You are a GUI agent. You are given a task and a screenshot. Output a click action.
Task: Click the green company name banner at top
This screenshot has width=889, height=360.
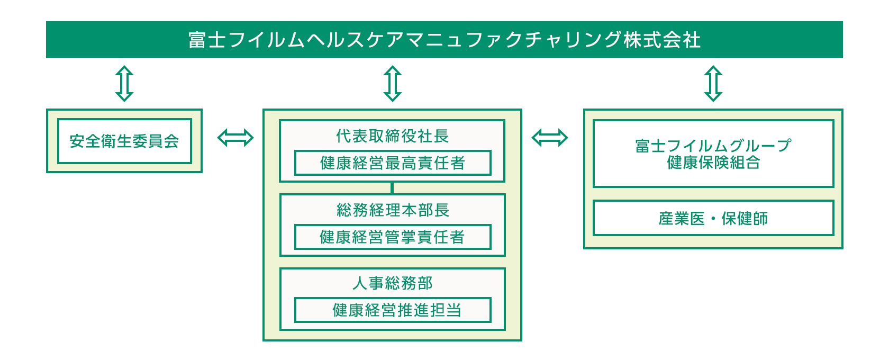444,40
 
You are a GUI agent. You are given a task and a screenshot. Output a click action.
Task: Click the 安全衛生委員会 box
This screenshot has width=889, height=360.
124,141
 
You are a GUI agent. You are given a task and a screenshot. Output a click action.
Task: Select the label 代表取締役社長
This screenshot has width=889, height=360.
392,136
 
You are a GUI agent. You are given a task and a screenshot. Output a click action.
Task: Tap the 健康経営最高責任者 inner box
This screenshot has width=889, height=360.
392,163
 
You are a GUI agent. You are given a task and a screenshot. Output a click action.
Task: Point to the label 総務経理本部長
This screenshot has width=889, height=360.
392,210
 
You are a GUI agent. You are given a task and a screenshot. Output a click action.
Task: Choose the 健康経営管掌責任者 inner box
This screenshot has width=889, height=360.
392,237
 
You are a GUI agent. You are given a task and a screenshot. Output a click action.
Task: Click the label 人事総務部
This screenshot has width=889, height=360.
392,283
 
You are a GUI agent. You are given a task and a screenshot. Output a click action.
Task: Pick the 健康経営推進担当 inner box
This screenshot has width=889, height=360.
392,310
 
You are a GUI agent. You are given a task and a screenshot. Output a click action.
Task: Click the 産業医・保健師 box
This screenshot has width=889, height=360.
713,218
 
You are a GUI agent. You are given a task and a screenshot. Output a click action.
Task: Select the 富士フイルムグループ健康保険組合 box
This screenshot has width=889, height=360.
713,154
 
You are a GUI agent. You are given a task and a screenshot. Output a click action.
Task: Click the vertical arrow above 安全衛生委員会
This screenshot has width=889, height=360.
124,84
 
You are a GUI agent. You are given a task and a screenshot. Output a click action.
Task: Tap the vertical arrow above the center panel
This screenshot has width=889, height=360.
392,84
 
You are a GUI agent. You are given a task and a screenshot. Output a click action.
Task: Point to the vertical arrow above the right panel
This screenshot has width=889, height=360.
713,84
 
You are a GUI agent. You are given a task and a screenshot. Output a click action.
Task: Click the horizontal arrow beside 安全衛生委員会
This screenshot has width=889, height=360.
235,138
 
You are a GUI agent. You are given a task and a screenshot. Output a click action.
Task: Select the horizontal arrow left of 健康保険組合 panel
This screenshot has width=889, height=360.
549,138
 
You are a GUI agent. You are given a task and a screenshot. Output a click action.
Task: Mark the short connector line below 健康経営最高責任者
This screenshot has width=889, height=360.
392,188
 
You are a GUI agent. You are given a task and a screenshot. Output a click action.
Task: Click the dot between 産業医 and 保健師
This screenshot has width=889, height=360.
713,219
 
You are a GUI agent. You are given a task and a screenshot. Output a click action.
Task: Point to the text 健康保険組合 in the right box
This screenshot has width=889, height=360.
713,163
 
